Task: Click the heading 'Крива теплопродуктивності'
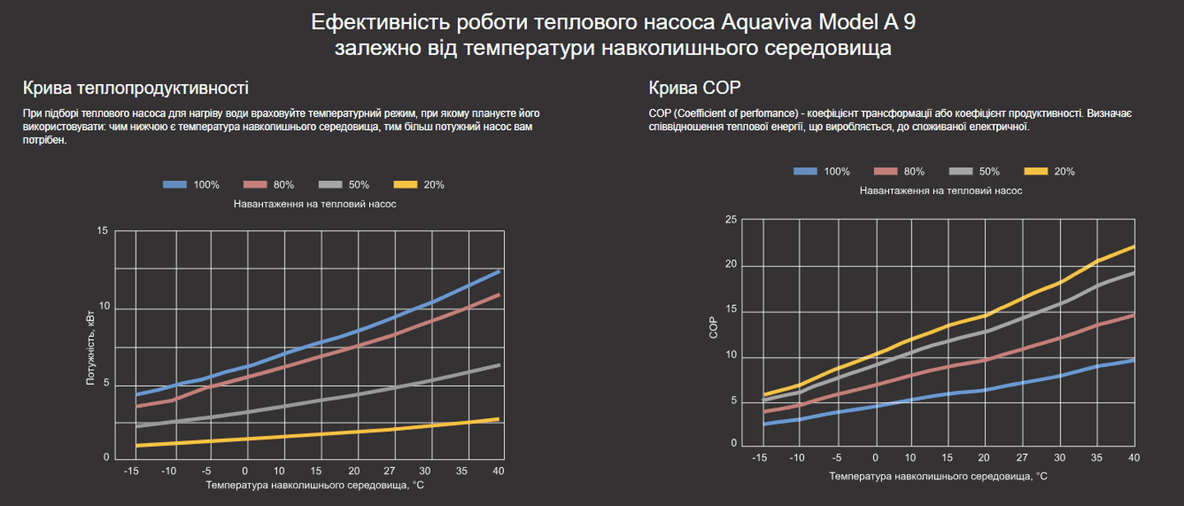pos(136,88)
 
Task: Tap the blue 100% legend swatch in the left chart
pos(175,185)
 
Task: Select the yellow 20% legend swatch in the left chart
pos(406,185)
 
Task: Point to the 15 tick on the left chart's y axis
pos(102,231)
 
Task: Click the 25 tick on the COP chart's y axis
pos(730,219)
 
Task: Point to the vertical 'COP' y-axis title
pos(713,329)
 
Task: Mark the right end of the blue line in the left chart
pos(499,271)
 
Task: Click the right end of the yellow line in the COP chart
pos(1135,247)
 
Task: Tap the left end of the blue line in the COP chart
pos(765,424)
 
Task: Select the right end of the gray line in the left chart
pos(499,364)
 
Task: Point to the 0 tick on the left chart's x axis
pos(245,471)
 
